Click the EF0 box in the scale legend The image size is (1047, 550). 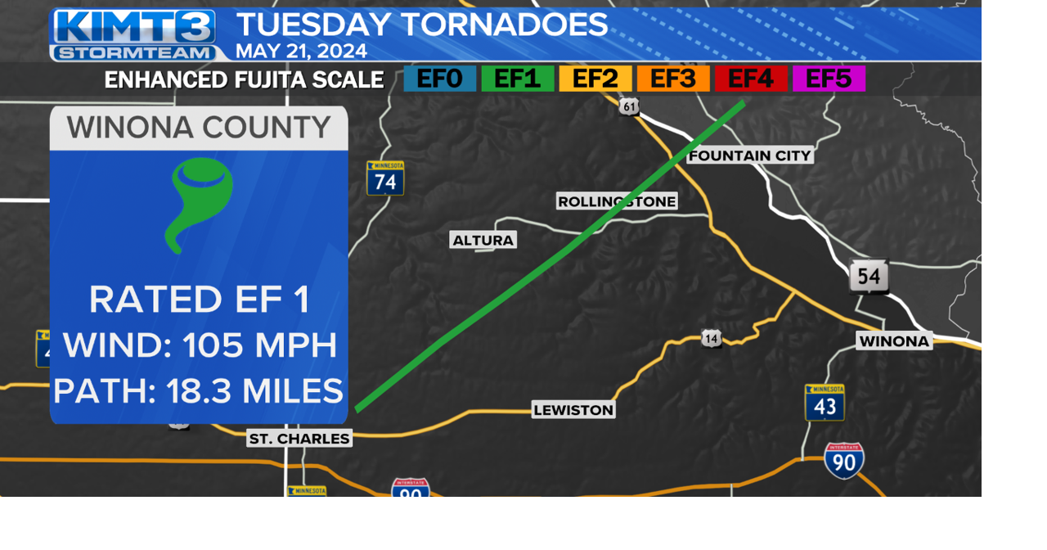click(440, 79)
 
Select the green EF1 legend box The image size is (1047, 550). click(518, 79)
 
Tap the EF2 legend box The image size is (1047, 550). click(595, 79)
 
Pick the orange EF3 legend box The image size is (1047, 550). click(673, 79)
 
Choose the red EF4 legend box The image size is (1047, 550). click(751, 79)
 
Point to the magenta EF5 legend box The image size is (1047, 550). click(829, 79)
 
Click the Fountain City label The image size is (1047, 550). click(750, 156)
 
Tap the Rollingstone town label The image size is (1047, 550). click(617, 201)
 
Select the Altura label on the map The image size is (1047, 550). click(483, 240)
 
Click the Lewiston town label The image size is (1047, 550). click(573, 410)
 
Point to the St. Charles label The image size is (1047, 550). click(299, 439)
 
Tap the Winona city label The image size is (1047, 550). click(894, 341)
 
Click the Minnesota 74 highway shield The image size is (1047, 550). click(385, 178)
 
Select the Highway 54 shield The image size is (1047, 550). click(868, 277)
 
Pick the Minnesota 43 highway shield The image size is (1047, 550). click(825, 403)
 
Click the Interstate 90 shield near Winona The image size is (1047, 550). click(843, 461)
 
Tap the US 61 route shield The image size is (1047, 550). click(628, 106)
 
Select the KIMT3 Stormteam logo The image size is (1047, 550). click(134, 35)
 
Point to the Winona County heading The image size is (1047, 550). click(199, 128)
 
